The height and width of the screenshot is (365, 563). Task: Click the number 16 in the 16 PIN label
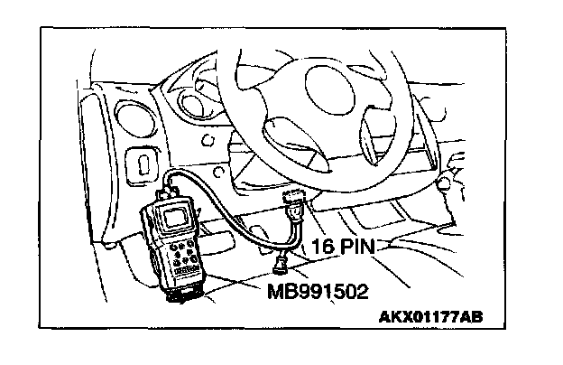pos(325,245)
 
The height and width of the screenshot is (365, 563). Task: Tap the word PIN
pos(358,245)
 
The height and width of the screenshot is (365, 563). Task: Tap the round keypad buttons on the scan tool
pos(180,254)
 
